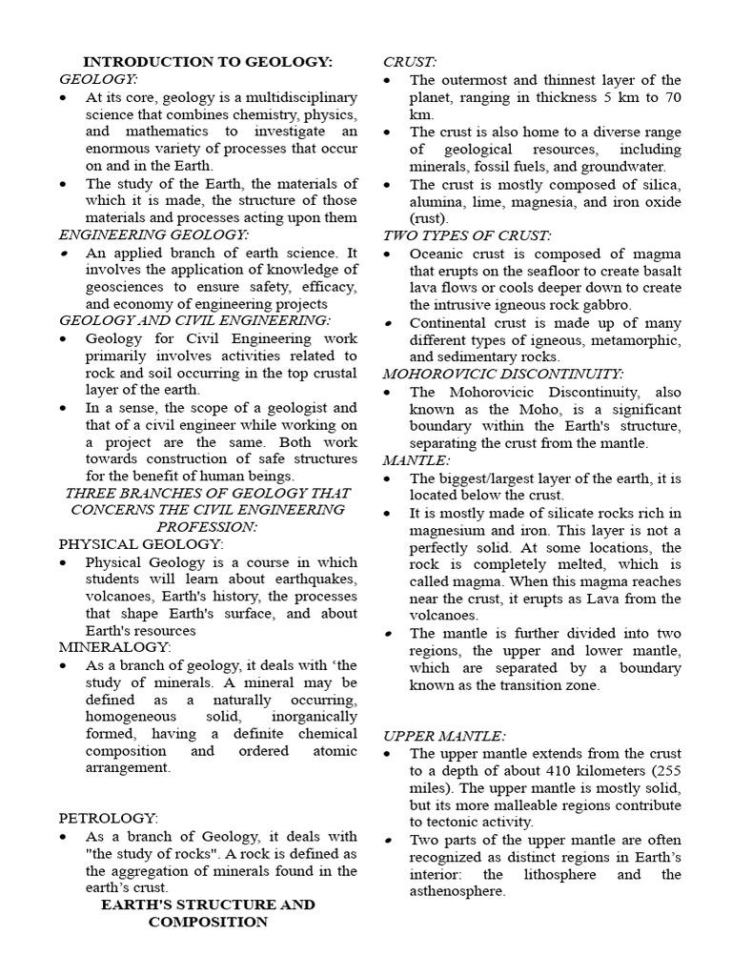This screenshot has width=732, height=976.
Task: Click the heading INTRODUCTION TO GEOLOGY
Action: pyautogui.click(x=208, y=62)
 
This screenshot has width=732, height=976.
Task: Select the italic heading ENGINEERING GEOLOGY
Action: pyautogui.click(x=153, y=234)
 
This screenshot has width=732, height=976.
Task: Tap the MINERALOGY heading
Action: pyautogui.click(x=114, y=647)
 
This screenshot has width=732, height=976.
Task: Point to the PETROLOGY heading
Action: pyautogui.click(x=108, y=819)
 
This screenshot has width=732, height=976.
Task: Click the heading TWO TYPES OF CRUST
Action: pyautogui.click(x=467, y=235)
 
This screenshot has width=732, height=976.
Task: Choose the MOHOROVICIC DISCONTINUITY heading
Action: pyautogui.click(x=503, y=374)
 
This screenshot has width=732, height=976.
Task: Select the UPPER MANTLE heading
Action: pyautogui.click(x=444, y=735)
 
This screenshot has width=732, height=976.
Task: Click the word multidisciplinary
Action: pyautogui.click(x=286, y=97)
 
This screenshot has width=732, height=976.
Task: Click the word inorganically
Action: pyautogui.click(x=311, y=717)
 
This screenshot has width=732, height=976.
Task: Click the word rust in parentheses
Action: pyautogui.click(x=428, y=218)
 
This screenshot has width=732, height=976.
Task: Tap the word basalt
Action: pyautogui.click(x=660, y=271)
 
